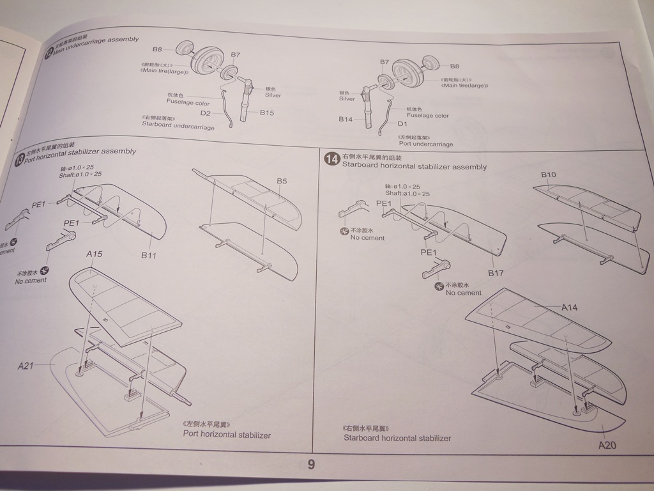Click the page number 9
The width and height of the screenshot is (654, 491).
pyautogui.click(x=311, y=465)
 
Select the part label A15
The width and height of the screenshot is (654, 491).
pyautogui.click(x=95, y=254)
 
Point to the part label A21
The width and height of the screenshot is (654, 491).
pyautogui.click(x=26, y=366)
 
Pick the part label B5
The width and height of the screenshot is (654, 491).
pyautogui.click(x=282, y=182)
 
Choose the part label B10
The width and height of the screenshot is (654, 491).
pyautogui.click(x=549, y=175)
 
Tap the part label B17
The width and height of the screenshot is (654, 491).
pyautogui.click(x=496, y=274)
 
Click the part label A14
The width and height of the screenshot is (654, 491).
pyautogui.click(x=570, y=308)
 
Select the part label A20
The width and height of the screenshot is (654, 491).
pyautogui.click(x=607, y=445)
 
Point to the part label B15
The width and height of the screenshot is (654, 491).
pyautogui.click(x=267, y=113)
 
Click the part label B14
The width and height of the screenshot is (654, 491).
pyautogui.click(x=346, y=120)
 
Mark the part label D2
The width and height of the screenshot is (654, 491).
pyautogui.click(x=205, y=113)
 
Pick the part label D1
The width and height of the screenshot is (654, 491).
pyautogui.click(x=402, y=123)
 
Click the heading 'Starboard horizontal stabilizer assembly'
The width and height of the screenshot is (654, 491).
pyautogui.click(x=414, y=167)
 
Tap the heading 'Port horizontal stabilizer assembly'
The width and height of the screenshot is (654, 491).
pyautogui.click(x=80, y=152)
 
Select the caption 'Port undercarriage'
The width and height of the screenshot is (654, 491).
pyautogui.click(x=426, y=144)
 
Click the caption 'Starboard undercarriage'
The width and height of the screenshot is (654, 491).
pyautogui.click(x=178, y=127)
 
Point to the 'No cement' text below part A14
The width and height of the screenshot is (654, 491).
pyautogui.click(x=464, y=293)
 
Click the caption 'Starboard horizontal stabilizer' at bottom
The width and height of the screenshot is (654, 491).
pyautogui.click(x=397, y=438)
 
